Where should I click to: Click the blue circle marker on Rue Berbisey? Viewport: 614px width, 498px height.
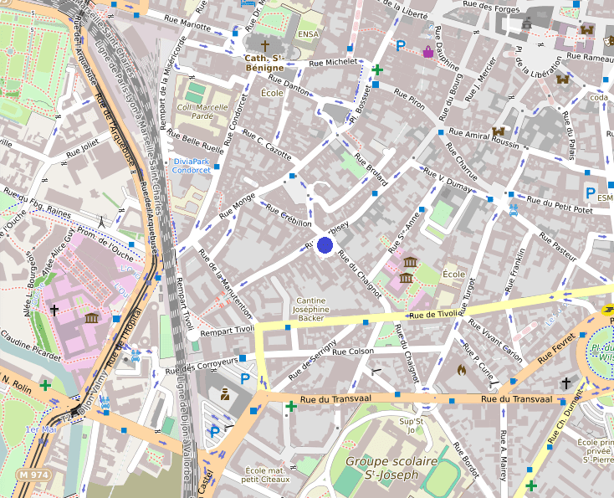pyautogui.click(x=325, y=245)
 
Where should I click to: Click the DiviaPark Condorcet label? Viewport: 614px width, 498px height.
pyautogui.click(x=192, y=165)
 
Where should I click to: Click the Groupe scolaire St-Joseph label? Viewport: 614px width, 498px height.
pyautogui.click(x=391, y=468)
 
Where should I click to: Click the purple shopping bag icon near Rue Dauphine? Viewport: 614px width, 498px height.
pyautogui.click(x=428, y=51)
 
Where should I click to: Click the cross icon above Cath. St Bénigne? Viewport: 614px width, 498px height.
pyautogui.click(x=265, y=45)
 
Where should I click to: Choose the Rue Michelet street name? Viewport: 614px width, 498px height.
pyautogui.click(x=333, y=63)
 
